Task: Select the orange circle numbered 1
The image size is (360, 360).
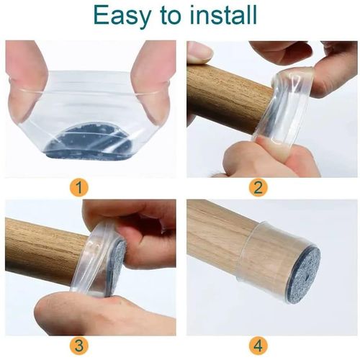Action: click(x=81, y=189)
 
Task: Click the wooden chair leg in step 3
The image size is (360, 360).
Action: click(x=43, y=241)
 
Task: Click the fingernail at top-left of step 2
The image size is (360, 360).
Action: click(x=198, y=52)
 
